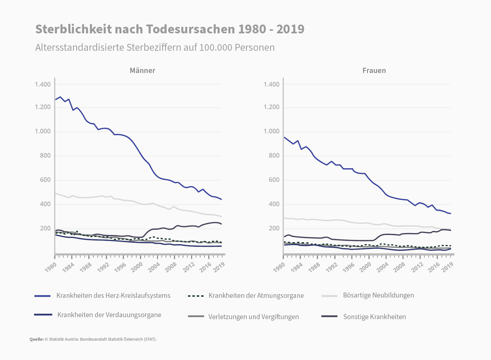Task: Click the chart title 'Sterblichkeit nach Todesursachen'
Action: [170, 29]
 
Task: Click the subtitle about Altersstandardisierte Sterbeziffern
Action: [155, 47]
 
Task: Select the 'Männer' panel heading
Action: [142, 70]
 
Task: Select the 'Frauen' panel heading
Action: [374, 70]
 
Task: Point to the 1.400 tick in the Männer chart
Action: [43, 84]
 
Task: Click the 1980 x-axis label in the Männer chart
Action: [51, 267]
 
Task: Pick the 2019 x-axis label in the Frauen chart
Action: [447, 267]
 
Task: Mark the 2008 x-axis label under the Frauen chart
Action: [400, 267]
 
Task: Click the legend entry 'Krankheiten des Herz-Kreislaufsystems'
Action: [113, 296]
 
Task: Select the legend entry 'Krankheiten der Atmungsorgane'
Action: [256, 296]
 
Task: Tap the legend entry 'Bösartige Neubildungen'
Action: [378, 295]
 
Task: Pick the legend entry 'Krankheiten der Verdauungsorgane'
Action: [109, 315]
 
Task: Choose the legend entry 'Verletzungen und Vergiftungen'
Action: [253, 317]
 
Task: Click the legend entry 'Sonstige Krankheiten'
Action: [374, 317]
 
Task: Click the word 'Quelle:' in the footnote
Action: [37, 339]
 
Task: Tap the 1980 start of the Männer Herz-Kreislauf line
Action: [55, 99]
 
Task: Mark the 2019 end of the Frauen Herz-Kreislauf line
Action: [451, 214]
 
